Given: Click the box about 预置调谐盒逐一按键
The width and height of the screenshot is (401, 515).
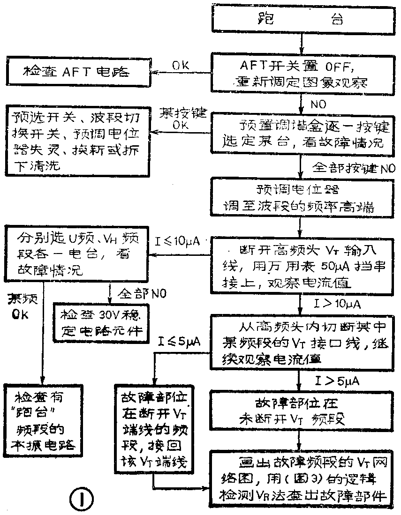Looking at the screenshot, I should (x=301, y=134).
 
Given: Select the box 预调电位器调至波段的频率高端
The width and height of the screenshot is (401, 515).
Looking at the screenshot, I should (x=301, y=198).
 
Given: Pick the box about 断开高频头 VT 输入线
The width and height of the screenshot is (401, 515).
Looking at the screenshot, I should (x=301, y=265).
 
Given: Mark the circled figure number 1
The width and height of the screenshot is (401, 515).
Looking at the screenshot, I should (x=82, y=500).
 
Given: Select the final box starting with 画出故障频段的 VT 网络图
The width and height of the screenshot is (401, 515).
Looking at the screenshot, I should (x=301, y=479).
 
